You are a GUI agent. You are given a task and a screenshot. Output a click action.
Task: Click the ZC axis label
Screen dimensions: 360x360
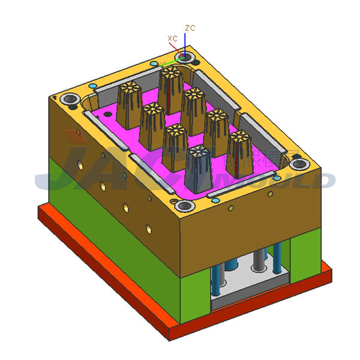(x=190, y=28)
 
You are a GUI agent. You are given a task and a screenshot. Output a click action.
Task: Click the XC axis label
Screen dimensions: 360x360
(x=172, y=38)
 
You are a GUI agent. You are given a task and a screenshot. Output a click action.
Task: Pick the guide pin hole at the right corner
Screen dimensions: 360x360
(x=298, y=164)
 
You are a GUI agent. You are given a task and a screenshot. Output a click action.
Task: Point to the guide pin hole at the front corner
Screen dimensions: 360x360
(x=186, y=206)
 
